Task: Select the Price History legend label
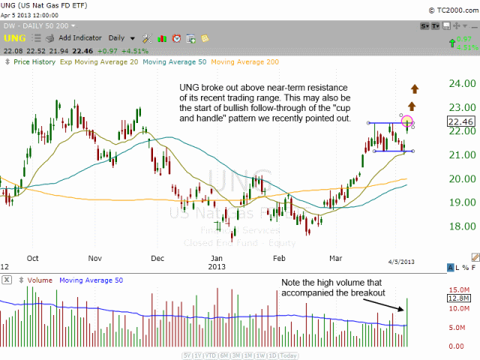click(33, 61)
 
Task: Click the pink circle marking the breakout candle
click(407, 121)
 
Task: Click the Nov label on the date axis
click(94, 257)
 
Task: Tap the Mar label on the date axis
click(335, 257)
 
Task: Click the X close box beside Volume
click(6, 280)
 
